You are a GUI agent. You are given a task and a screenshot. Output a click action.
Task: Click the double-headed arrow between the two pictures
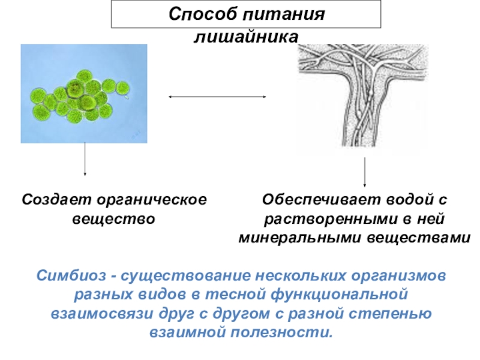(217, 96)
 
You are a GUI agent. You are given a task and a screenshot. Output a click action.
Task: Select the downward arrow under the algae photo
(85, 159)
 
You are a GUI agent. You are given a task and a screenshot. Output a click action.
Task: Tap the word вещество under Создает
(114, 218)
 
